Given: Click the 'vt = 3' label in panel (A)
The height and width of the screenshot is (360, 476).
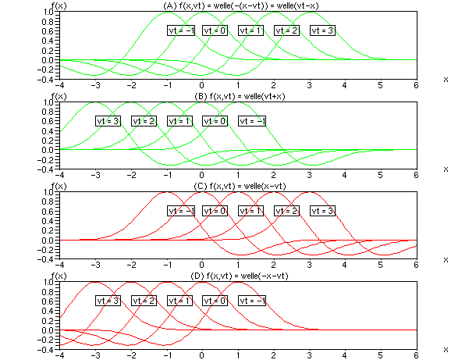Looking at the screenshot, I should click(322, 30).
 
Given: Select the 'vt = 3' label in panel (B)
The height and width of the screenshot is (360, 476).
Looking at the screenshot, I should click(108, 121).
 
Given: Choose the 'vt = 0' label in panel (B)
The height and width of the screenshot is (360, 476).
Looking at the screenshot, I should click(215, 121).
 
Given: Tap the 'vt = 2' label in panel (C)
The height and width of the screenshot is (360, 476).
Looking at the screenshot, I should click(286, 211).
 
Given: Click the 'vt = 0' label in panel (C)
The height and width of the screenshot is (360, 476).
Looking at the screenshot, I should click(215, 211).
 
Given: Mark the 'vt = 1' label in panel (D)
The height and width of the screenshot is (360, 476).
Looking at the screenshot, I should click(179, 301).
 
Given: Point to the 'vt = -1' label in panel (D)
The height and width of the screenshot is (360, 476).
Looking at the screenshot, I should click(252, 301).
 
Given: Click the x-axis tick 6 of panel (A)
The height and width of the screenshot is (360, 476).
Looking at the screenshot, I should click(417, 85).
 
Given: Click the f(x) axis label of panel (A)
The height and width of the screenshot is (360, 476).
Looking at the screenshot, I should click(51, 6).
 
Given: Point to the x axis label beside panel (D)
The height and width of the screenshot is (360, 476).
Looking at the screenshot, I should click(446, 349).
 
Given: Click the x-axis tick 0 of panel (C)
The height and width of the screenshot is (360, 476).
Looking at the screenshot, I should click(201, 265).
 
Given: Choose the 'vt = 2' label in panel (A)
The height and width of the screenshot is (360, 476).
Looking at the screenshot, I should click(286, 30).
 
